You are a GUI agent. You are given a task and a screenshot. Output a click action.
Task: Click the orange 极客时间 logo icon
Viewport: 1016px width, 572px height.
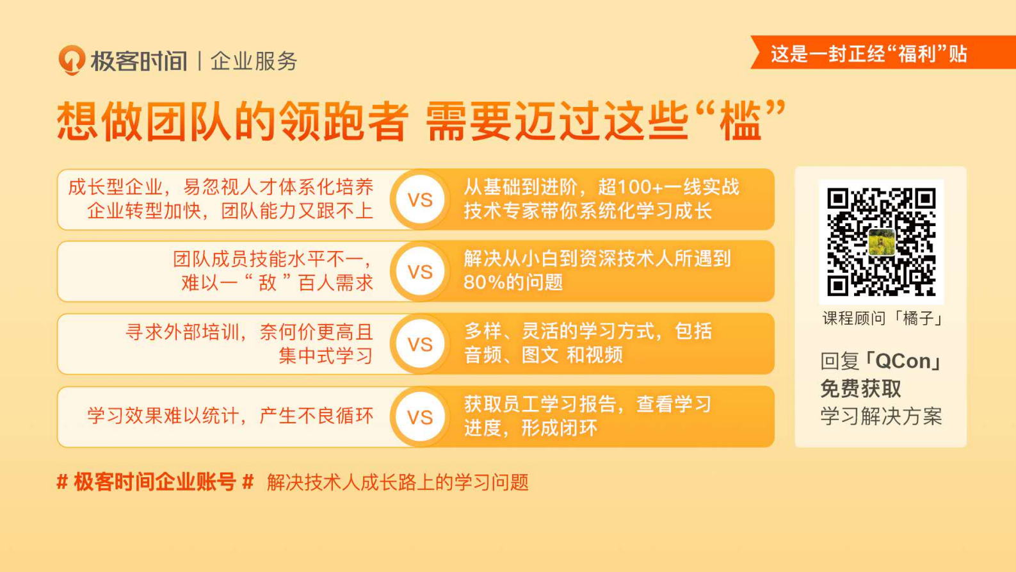tap(72, 60)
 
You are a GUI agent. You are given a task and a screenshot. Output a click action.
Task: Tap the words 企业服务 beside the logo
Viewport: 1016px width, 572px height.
tap(254, 61)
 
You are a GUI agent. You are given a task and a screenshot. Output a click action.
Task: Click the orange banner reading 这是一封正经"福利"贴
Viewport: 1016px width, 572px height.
tap(869, 54)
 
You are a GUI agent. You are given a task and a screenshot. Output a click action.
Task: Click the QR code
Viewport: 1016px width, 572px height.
tap(881, 241)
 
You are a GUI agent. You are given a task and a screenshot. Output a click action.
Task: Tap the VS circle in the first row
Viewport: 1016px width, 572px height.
tap(420, 200)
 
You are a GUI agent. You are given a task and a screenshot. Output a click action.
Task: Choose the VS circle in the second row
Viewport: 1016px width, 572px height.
tap(420, 272)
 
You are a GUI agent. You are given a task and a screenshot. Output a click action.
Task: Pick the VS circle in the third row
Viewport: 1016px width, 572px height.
tap(420, 344)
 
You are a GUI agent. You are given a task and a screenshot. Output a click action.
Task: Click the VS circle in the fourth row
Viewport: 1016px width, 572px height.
tap(420, 417)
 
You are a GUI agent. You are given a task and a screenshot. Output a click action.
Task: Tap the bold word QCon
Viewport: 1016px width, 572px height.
tap(903, 361)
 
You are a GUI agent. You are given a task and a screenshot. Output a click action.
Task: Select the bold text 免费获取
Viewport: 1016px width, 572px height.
tap(860, 389)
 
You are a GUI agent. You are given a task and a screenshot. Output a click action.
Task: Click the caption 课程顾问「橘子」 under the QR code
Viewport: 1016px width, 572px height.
tap(881, 318)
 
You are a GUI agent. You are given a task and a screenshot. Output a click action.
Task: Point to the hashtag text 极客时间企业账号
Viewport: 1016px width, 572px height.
tap(155, 482)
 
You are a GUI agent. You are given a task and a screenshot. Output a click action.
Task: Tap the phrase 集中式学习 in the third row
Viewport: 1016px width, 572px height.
tap(325, 355)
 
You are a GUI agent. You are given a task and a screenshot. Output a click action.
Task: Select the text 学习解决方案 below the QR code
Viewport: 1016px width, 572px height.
tap(881, 416)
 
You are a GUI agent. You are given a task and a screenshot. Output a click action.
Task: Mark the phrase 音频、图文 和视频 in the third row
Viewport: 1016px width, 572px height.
tap(543, 355)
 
